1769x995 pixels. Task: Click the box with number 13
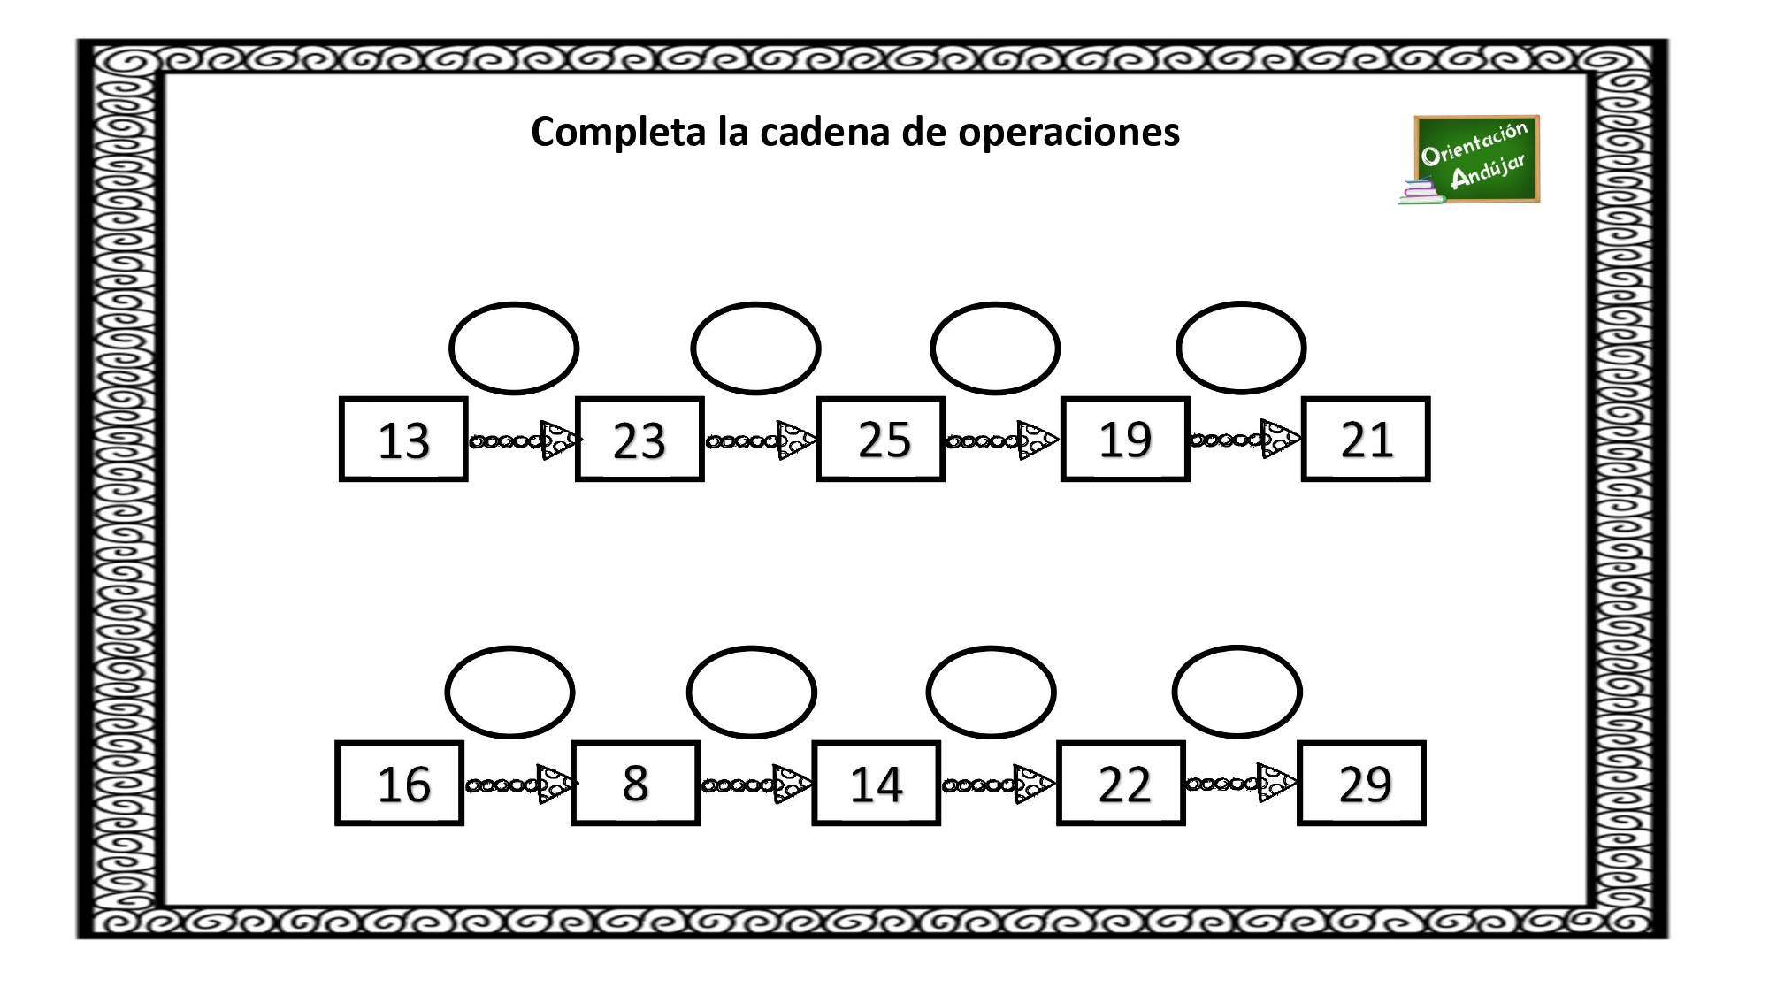(403, 440)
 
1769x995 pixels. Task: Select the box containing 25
(880, 440)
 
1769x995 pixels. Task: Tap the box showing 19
(1125, 440)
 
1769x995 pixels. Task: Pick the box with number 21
(1366, 440)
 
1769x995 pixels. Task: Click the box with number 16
(400, 784)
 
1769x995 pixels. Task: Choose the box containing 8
(636, 784)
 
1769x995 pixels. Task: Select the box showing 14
(877, 784)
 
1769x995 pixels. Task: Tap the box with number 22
(1121, 784)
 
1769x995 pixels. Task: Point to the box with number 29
(1362, 784)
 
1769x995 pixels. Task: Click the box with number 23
(639, 440)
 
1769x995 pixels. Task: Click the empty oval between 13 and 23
(514, 348)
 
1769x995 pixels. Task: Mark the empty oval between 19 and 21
(1241, 348)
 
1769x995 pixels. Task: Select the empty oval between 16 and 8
(510, 693)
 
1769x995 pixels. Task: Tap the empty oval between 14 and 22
(992, 693)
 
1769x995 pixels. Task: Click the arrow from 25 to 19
(1002, 440)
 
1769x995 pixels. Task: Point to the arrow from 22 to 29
(1242, 784)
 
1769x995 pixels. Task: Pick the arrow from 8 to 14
(757, 784)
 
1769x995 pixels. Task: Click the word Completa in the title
(618, 133)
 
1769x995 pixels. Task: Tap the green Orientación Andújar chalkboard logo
(1469, 160)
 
